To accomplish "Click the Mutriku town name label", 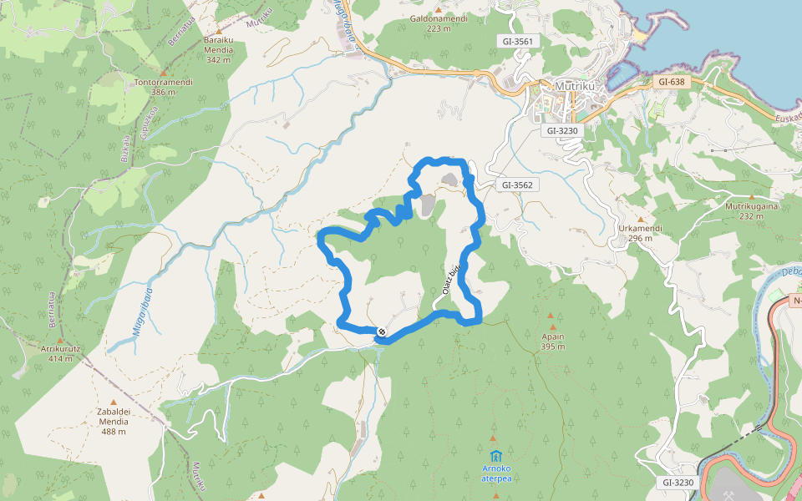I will pyautogui.click(x=574, y=85).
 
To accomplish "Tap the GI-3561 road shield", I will pyautogui.click(x=518, y=40).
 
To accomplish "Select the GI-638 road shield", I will pyautogui.click(x=671, y=82).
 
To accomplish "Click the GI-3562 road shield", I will pyautogui.click(x=518, y=185).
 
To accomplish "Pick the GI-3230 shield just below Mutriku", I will pyautogui.click(x=562, y=130).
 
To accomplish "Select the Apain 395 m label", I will pyautogui.click(x=552, y=341).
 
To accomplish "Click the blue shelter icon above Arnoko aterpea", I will pyautogui.click(x=496, y=456).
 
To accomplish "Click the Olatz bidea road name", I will pyautogui.click(x=451, y=280).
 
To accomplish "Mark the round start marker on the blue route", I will pyautogui.click(x=382, y=332).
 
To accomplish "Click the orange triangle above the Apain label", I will pyautogui.click(x=551, y=316).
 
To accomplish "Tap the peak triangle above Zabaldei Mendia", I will pyautogui.click(x=114, y=402).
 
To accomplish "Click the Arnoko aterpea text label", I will pyautogui.click(x=496, y=473).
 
